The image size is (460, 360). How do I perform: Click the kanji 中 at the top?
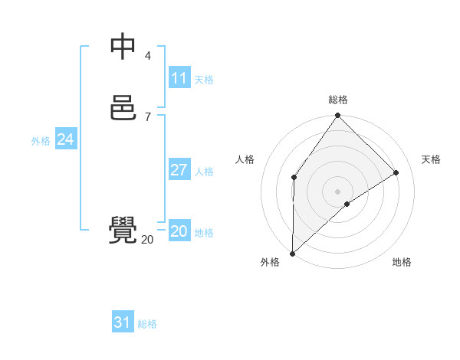pos(123,46)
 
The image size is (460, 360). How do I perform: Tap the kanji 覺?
pos(123,231)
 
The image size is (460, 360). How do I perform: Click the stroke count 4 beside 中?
pos(148,55)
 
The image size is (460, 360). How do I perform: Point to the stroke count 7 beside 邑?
pos(148,116)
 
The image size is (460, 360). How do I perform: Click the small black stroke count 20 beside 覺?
pos(147,240)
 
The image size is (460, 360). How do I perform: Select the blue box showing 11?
pos(179,78)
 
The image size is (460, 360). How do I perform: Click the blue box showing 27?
pos(179,170)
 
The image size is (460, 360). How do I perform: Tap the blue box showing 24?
pos(66,139)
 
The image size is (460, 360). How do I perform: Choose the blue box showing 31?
pos(123,322)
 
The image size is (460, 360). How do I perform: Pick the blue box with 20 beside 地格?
pos(179,231)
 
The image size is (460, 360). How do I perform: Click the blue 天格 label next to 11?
pos(204,80)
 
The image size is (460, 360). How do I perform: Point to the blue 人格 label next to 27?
pos(205,172)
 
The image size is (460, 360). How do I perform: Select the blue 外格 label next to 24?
pos(41,141)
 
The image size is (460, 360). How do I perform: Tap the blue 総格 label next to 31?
pos(147,324)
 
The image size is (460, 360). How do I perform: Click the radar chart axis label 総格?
pos(338,100)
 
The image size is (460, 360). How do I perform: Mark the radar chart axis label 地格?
pos(402,263)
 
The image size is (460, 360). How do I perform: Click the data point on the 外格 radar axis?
pos(292,254)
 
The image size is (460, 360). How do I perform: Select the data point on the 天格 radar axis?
pos(396,172)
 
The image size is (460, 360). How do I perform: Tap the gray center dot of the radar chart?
pos(338,191)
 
